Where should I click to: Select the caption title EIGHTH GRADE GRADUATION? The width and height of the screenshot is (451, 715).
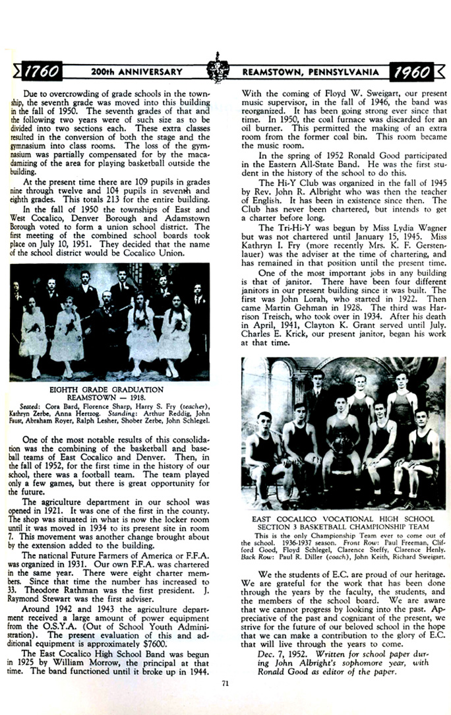[107, 390]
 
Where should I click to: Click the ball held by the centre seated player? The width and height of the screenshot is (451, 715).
[342, 445]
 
